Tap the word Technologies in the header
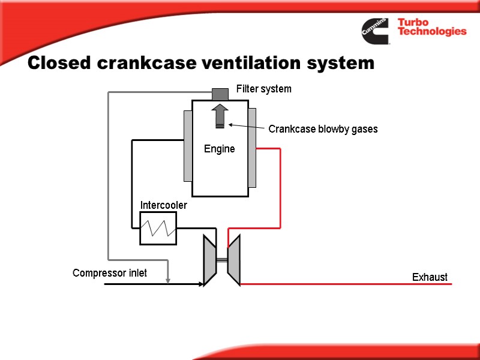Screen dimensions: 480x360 [x=432, y=32]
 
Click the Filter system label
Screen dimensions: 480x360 [x=263, y=89]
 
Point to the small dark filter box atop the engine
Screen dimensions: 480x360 [x=220, y=94]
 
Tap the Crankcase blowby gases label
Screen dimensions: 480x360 [x=323, y=129]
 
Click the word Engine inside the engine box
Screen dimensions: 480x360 [x=219, y=149]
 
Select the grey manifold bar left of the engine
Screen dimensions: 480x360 [x=188, y=146]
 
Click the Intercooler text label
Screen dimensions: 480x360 [x=164, y=205]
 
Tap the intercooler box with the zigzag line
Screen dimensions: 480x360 [x=158, y=228]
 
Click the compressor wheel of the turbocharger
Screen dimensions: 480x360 [x=209, y=259]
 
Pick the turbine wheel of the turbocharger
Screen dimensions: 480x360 [x=234, y=259]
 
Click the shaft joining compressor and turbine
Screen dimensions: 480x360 [x=221, y=260]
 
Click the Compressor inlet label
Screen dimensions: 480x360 [x=110, y=274]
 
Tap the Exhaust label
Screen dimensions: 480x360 [x=430, y=277]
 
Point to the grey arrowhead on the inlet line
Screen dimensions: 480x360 [x=169, y=278]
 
